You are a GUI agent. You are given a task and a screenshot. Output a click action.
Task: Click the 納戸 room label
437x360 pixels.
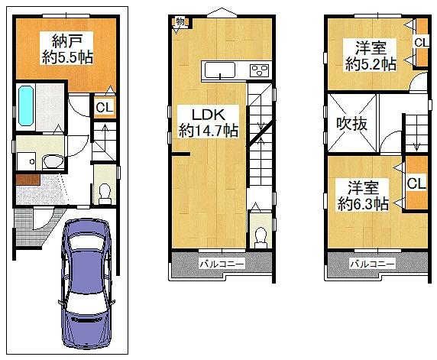click(x=67, y=41)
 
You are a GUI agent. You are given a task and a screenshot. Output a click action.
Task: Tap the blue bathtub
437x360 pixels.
click(x=26, y=105)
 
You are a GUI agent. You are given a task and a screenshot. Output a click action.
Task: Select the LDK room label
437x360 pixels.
click(x=209, y=115)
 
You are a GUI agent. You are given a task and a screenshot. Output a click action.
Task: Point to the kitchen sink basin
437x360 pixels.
click(x=220, y=70)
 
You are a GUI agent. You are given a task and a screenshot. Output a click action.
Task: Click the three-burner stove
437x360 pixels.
click(x=260, y=70)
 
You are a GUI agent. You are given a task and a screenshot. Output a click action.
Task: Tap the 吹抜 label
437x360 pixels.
click(x=351, y=124)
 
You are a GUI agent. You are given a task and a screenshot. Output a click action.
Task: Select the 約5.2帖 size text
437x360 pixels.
click(x=371, y=64)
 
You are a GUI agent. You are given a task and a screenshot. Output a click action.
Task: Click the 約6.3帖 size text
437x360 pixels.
click(x=363, y=204)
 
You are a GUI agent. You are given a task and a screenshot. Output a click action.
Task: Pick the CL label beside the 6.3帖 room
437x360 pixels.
click(x=416, y=184)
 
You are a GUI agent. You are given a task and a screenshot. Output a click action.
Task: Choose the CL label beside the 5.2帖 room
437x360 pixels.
click(x=421, y=43)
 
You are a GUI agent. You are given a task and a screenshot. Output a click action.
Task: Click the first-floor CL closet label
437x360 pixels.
click(x=104, y=107)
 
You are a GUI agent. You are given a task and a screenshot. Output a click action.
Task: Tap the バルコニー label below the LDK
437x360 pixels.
click(x=222, y=264)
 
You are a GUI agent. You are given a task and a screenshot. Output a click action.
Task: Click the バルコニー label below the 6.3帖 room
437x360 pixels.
click(x=373, y=264)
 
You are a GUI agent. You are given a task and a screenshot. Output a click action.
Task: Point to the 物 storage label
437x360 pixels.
click(x=180, y=21)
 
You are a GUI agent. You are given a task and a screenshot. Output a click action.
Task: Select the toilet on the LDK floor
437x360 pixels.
click(x=261, y=238)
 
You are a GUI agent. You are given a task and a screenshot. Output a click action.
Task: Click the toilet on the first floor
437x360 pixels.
click(x=105, y=193)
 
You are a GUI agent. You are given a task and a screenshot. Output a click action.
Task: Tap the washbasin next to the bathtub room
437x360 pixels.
click(x=53, y=161)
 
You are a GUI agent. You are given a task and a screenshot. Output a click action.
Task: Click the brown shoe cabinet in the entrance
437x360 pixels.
click(x=28, y=180)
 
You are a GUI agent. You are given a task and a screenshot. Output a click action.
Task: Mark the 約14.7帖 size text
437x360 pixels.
click(x=209, y=130)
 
